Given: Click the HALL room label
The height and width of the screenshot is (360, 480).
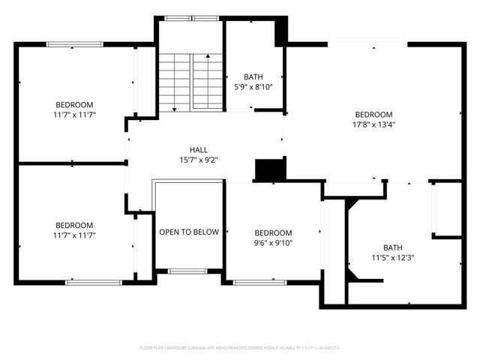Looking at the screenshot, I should [199, 149].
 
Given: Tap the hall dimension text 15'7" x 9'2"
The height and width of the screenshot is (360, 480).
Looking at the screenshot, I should [199, 160].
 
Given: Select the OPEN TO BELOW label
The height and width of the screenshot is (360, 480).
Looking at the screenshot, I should [189, 232].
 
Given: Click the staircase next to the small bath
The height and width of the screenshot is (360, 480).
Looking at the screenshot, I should [190, 82].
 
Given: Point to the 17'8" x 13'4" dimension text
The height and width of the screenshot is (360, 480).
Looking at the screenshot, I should [373, 125].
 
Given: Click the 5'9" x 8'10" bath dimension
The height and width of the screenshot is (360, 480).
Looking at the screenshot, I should [253, 87].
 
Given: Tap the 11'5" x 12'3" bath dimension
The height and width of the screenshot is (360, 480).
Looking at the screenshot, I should [393, 258].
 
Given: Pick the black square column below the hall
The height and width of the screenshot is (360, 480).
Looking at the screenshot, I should [268, 170].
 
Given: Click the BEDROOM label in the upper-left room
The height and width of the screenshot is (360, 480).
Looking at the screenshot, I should [74, 104].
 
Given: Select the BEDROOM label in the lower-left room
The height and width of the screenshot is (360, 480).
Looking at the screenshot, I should [74, 225].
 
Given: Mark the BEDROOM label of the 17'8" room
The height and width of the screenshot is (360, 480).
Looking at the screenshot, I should [373, 115].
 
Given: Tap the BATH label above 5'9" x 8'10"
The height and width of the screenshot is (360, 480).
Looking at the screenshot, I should [253, 76].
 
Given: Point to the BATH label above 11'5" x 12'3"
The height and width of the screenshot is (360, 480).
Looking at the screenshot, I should [393, 247].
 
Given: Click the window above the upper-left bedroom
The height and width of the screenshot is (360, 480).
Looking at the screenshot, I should [74, 45].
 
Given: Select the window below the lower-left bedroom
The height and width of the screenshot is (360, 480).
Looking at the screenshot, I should [94, 282].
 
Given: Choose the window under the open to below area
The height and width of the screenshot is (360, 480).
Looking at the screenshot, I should [187, 271].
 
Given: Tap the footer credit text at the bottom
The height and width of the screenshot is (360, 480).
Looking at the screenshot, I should [240, 348].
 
